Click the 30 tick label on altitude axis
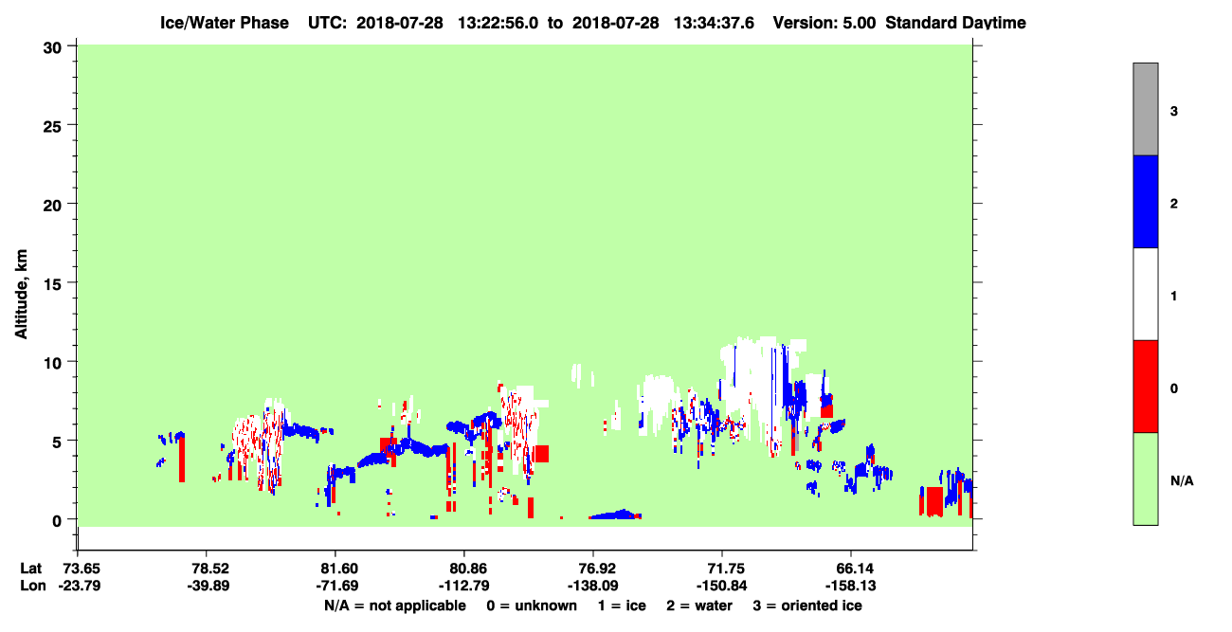[52, 48]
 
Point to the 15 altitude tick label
[52, 282]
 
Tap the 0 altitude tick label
[57, 520]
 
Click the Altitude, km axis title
[21, 294]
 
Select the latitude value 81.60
[339, 569]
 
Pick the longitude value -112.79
[464, 586]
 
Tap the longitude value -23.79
[80, 586]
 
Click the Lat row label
[31, 569]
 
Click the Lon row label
[33, 586]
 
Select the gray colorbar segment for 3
[1145, 109]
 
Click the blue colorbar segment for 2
[1145, 201]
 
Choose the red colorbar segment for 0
[1145, 387]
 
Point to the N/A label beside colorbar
[1182, 481]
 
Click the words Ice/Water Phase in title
[225, 23]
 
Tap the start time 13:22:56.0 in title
[498, 23]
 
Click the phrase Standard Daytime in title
[955, 23]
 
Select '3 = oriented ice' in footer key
[807, 605]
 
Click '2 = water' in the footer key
[699, 605]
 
